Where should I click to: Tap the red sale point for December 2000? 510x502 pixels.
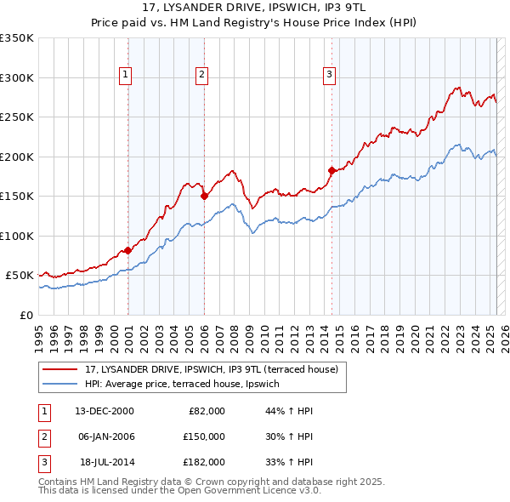tap(127, 250)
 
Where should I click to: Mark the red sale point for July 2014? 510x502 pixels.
tap(331, 171)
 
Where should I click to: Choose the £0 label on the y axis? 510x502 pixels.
tap(25, 315)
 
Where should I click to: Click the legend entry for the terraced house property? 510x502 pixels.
tap(212, 369)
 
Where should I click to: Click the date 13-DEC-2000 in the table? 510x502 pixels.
tap(105, 410)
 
